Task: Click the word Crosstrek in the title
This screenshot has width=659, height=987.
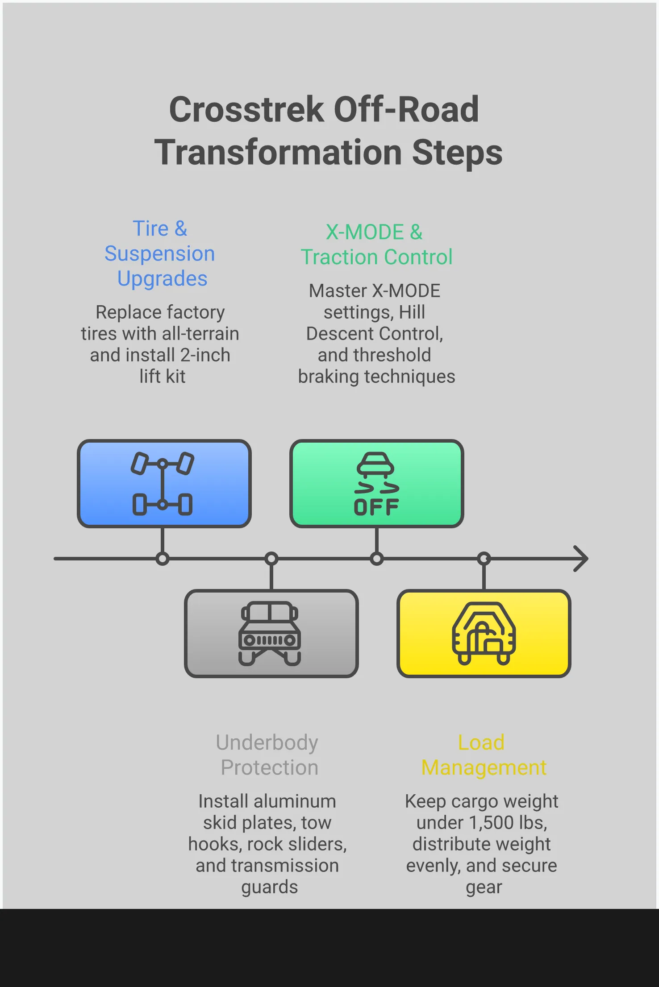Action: (x=246, y=110)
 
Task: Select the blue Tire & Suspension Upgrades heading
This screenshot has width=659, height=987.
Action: (x=160, y=253)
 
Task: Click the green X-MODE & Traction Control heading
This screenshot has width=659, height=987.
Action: (x=376, y=245)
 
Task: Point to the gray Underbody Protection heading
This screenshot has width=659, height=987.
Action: (x=268, y=755)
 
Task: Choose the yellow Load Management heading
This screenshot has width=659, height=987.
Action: (x=484, y=755)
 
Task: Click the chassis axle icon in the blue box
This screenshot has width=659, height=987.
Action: (x=163, y=484)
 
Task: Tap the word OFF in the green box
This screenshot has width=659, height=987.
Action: (x=376, y=507)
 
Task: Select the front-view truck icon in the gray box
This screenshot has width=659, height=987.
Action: (x=270, y=634)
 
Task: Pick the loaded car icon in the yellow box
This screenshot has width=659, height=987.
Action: (x=484, y=634)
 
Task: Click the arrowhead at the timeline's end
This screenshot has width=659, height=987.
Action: (x=581, y=559)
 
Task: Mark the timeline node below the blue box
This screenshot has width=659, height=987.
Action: (x=163, y=559)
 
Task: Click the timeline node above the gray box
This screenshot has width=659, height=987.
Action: (x=271, y=559)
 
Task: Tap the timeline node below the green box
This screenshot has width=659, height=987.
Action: (x=377, y=559)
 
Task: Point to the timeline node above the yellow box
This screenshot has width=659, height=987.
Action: (x=484, y=559)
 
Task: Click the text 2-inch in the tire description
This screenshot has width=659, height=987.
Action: (x=205, y=355)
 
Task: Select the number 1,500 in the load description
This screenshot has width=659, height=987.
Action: (x=491, y=823)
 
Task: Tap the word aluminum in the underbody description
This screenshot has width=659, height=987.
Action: (x=295, y=801)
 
